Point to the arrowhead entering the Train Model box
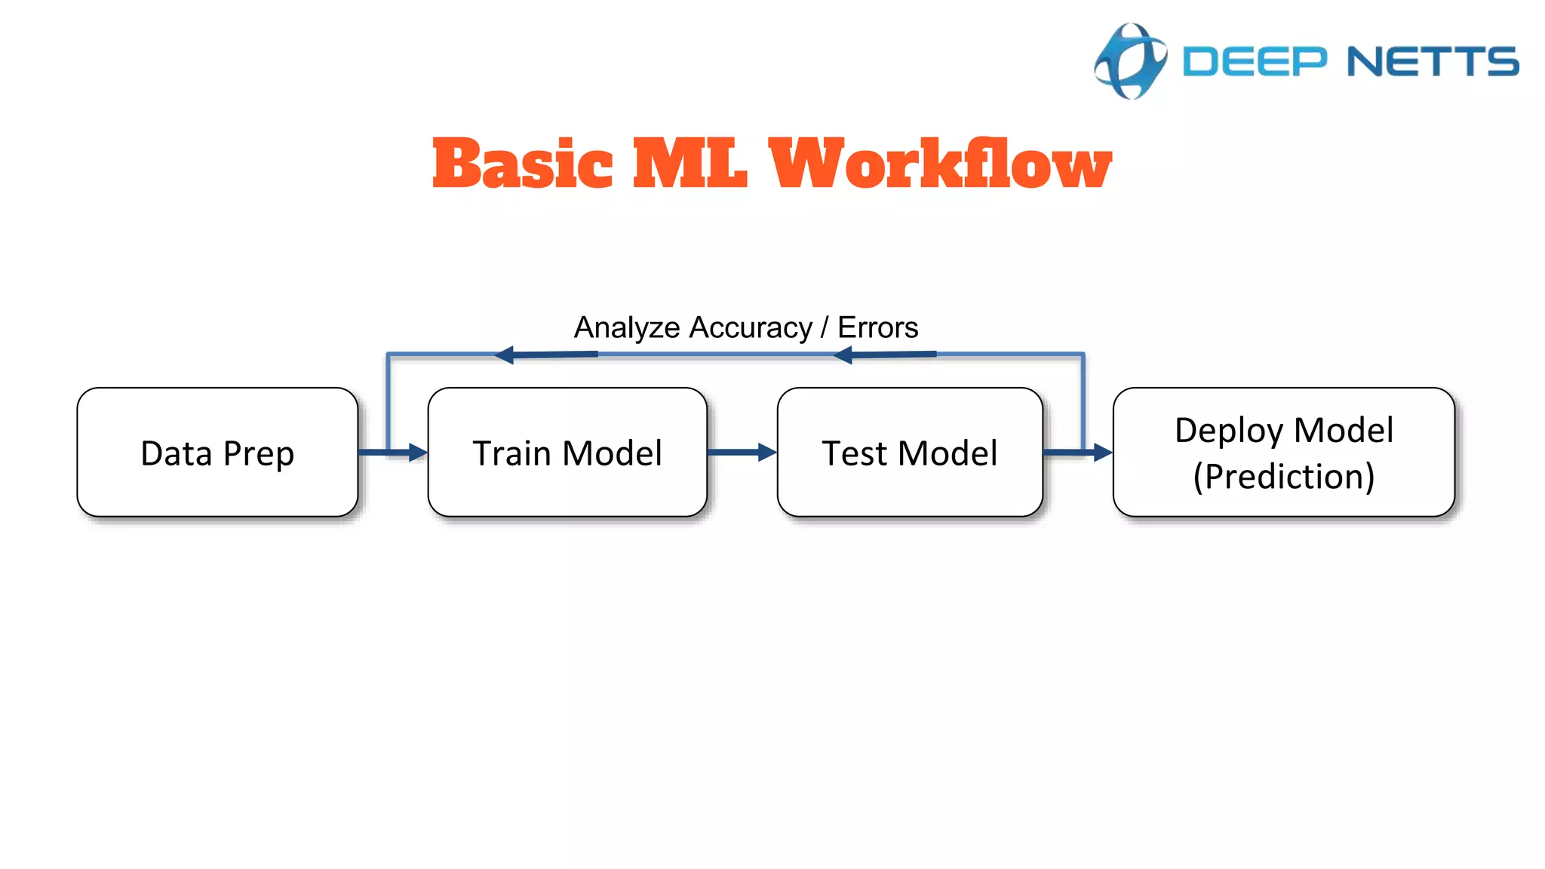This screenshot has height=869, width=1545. (x=417, y=453)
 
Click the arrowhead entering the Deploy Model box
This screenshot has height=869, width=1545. (x=1102, y=453)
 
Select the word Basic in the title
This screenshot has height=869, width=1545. (x=522, y=164)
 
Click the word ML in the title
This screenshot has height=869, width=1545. (x=689, y=164)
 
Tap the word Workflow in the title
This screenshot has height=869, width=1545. (x=939, y=164)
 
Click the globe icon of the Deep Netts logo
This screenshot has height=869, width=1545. (x=1130, y=61)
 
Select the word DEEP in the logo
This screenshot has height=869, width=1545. (x=1254, y=62)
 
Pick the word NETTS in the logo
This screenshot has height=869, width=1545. (x=1432, y=62)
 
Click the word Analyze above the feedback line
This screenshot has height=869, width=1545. (x=627, y=328)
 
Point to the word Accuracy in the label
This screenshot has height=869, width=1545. (x=751, y=328)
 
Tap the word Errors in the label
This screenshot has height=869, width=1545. (x=877, y=328)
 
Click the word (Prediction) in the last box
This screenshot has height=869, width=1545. (x=1283, y=477)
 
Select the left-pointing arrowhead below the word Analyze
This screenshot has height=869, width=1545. (x=505, y=355)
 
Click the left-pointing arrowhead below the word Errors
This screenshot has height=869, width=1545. (x=843, y=355)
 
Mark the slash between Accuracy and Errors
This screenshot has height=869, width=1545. (x=825, y=328)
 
